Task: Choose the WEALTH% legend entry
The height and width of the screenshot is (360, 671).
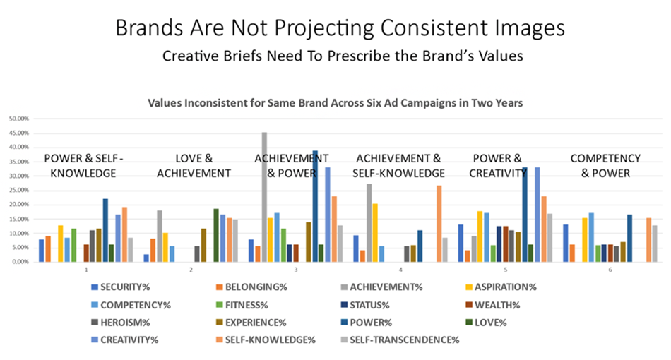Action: (x=476, y=305)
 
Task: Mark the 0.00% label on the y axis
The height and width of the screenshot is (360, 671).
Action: (x=19, y=261)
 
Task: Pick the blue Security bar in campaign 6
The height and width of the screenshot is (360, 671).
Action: (x=566, y=243)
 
